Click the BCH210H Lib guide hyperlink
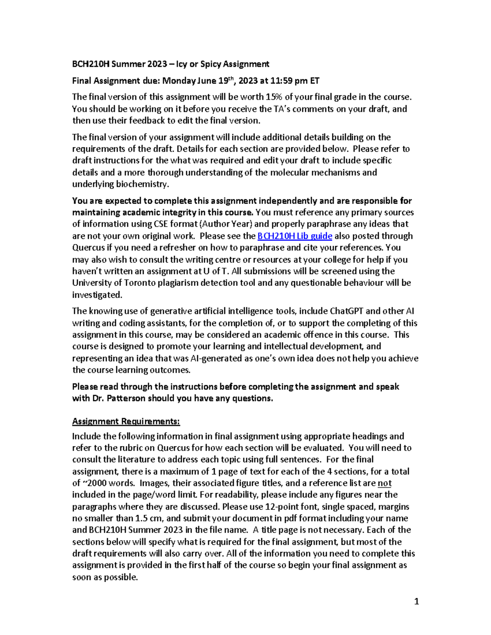(295, 236)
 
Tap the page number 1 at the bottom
(417, 601)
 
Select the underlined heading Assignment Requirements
(126, 422)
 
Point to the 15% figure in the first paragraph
(274, 97)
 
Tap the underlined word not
(384, 483)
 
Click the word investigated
(97, 295)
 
